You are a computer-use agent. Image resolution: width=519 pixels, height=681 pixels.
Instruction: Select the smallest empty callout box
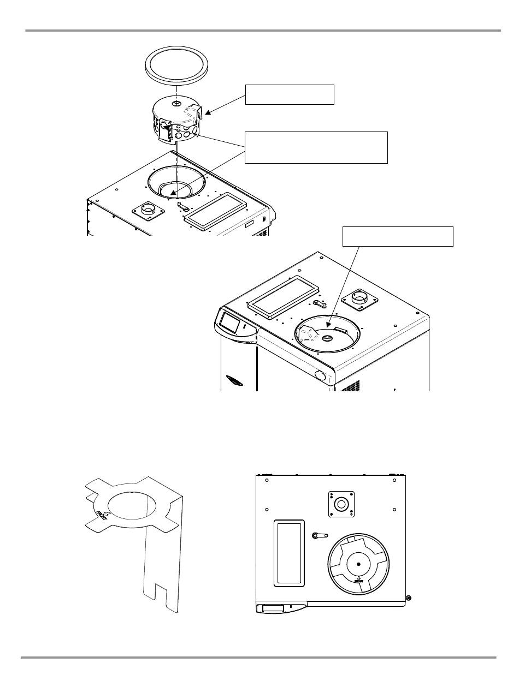[x=290, y=94]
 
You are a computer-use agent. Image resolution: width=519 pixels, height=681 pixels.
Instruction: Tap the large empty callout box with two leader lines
[x=316, y=147]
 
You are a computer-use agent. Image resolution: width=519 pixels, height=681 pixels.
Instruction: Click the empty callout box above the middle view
[x=397, y=236]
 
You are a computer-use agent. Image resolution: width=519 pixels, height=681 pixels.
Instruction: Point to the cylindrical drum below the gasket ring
[x=175, y=123]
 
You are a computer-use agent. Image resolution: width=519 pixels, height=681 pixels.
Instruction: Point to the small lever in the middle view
[x=321, y=303]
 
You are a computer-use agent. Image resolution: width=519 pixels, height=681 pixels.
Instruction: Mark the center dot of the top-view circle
[x=358, y=564]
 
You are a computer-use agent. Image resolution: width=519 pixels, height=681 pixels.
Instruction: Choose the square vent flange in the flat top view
[x=341, y=503]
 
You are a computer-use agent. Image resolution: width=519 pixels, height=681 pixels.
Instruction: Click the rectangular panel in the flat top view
[x=289, y=553]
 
